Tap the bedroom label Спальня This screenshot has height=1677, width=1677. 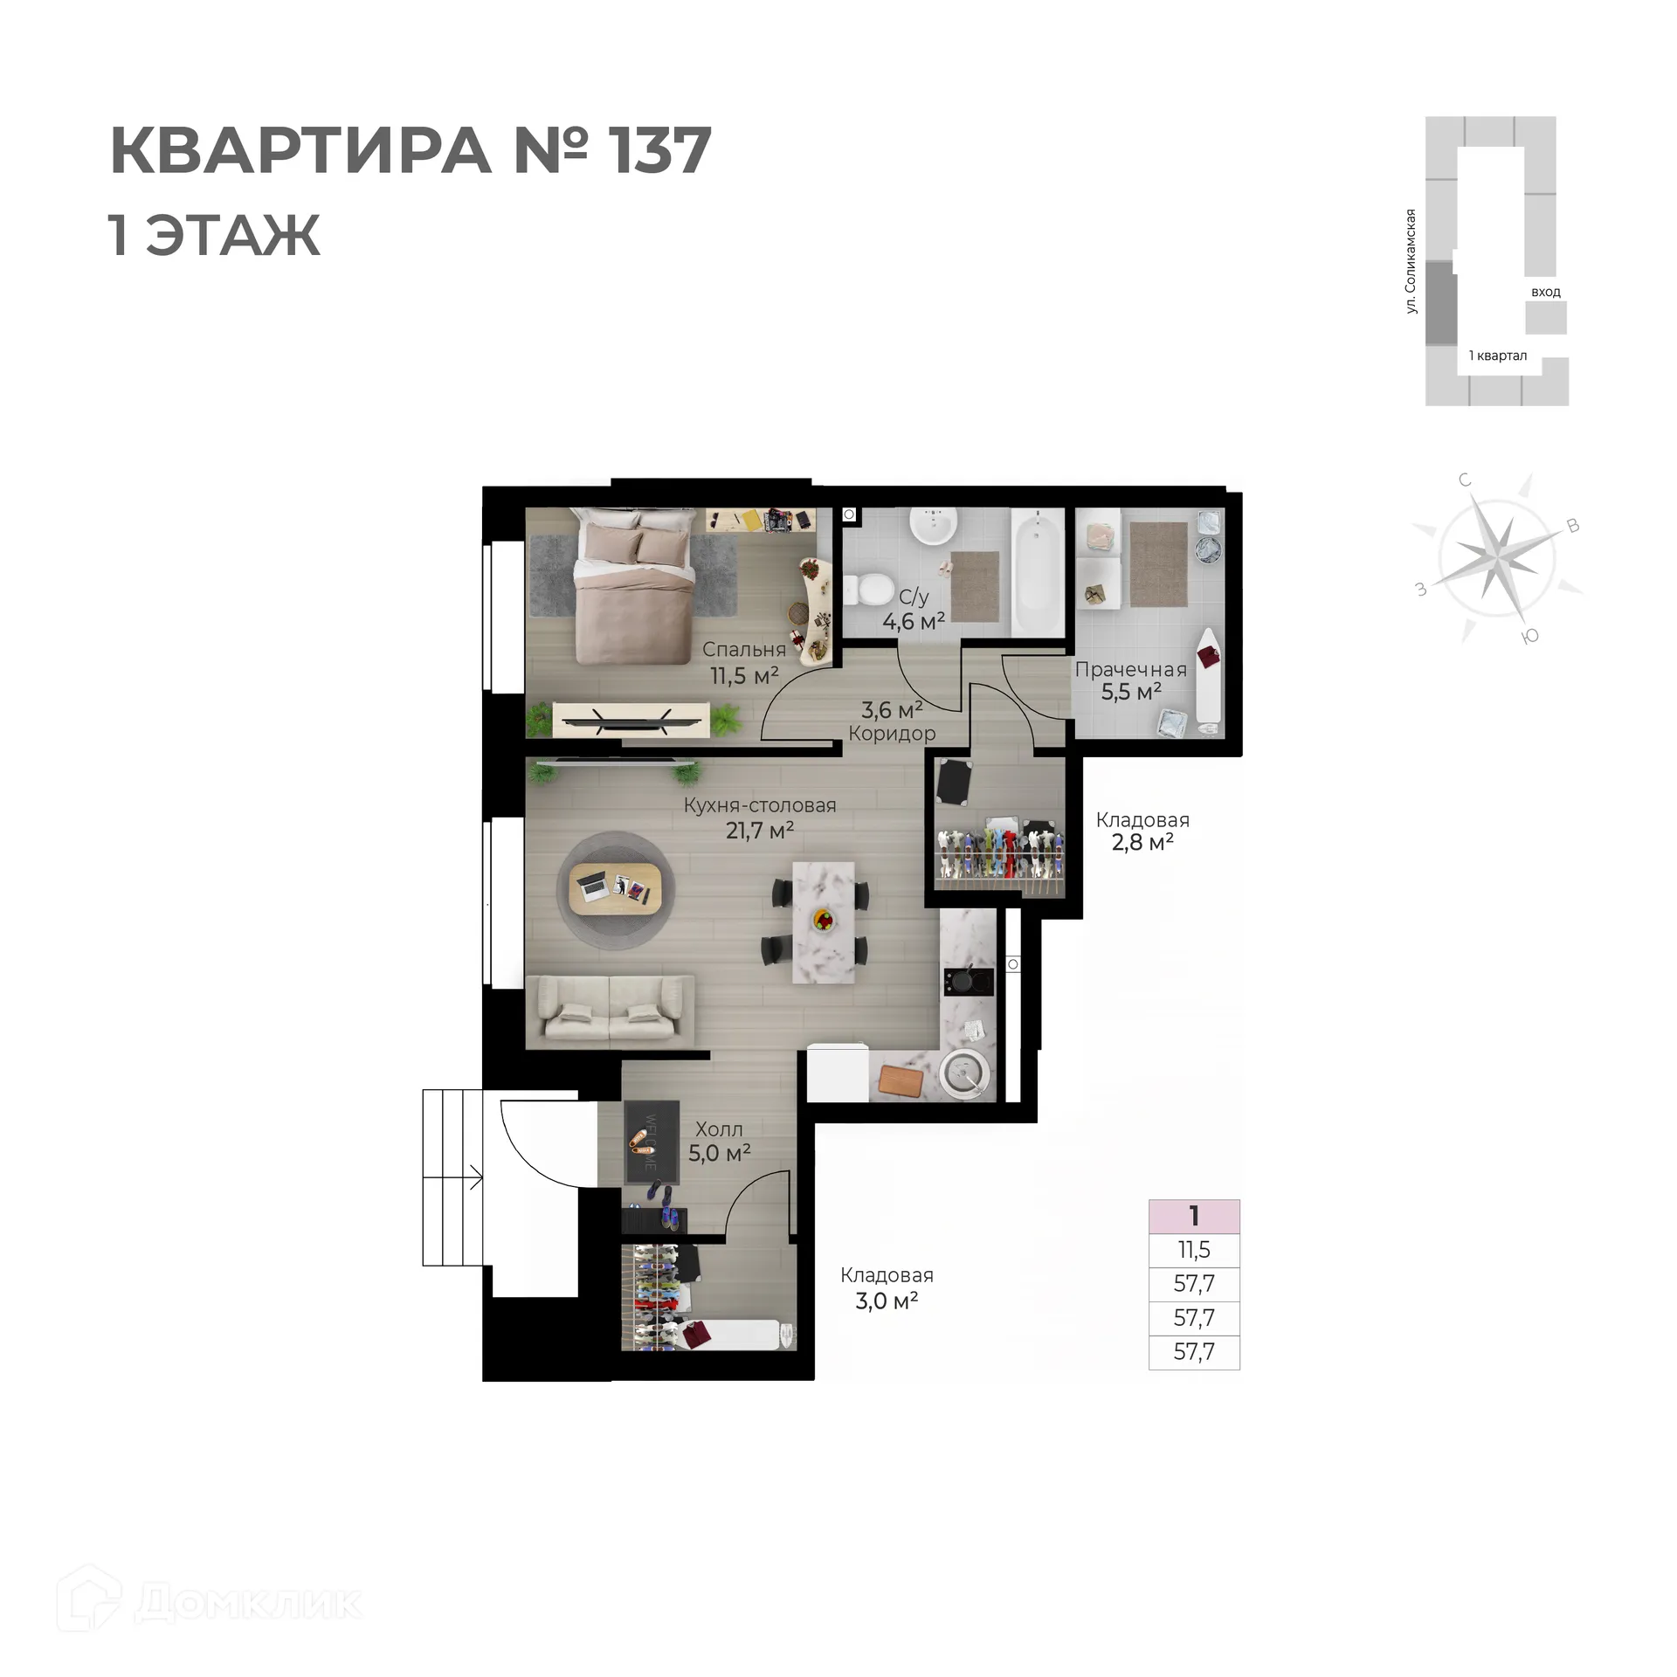(744, 650)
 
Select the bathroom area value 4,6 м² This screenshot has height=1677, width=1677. (914, 622)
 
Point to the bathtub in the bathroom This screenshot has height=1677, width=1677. (1039, 573)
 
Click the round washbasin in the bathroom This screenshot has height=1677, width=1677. (934, 526)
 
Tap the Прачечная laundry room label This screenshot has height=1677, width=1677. (1131, 670)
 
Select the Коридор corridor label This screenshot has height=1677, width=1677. (892, 734)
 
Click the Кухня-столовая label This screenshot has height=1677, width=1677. (760, 805)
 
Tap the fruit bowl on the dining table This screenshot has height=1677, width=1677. (823, 919)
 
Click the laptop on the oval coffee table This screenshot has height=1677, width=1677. (594, 887)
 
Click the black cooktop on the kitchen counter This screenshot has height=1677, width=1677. (969, 981)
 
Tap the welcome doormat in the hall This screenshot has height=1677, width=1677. (652, 1142)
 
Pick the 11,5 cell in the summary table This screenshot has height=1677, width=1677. (1194, 1250)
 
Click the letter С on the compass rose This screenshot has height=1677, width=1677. (1465, 480)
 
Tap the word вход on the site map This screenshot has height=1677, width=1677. (1546, 293)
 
